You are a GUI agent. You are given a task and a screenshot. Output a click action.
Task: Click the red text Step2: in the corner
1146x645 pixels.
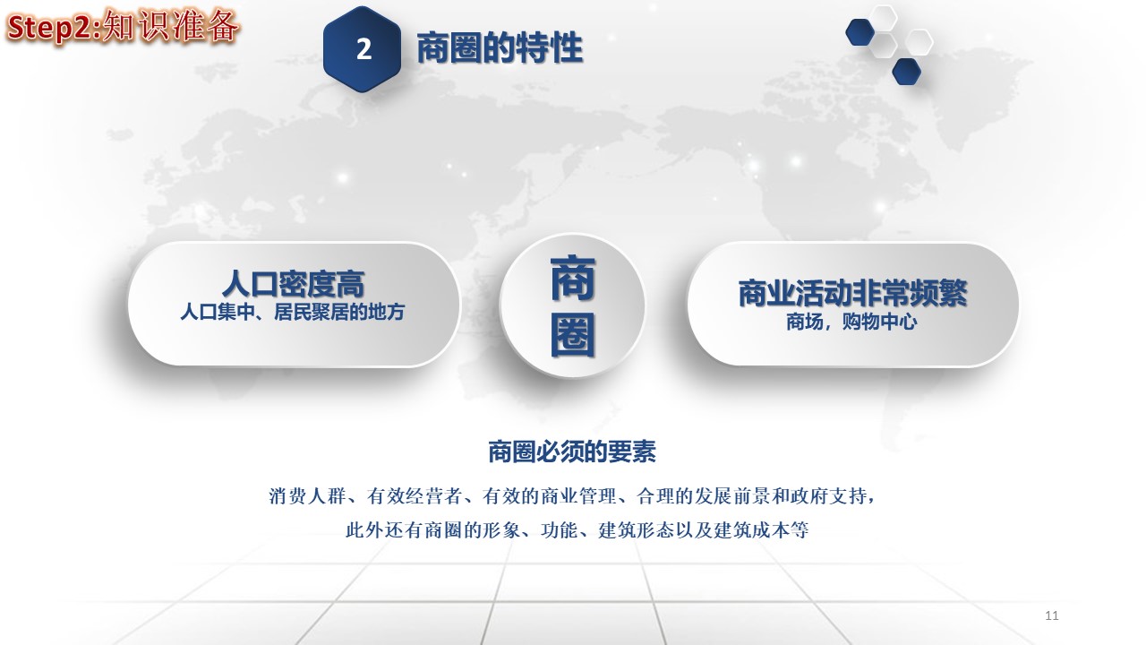[x=55, y=28]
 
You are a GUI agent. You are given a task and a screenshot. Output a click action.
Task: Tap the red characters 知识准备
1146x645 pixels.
[x=171, y=26]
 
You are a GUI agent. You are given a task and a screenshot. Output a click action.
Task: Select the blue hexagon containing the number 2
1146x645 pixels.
[x=362, y=49]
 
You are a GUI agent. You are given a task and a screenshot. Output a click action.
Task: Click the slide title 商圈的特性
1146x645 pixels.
[x=500, y=47]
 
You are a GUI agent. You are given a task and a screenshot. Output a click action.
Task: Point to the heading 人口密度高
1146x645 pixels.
[x=293, y=284]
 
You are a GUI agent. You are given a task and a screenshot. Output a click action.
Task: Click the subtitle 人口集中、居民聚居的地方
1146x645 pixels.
[x=293, y=312]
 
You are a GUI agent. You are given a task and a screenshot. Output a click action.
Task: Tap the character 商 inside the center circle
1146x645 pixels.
[x=572, y=279]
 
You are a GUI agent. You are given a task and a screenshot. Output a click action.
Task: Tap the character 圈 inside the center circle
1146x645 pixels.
[x=572, y=335]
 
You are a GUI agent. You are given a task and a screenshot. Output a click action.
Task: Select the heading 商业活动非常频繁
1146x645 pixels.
[x=853, y=293]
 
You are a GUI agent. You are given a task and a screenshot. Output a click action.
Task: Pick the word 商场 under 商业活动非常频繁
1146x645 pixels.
[x=805, y=322]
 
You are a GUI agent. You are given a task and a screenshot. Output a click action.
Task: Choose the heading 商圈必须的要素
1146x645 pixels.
[x=572, y=451]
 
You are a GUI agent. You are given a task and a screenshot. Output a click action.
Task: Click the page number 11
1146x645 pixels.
[x=1052, y=615]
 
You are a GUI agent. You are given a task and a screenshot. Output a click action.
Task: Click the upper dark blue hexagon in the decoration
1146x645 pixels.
[x=860, y=31]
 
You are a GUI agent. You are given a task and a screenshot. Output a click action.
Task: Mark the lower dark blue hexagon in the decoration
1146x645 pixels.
[x=907, y=71]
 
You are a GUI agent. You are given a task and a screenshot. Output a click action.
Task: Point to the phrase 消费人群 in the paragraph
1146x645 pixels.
[x=307, y=496]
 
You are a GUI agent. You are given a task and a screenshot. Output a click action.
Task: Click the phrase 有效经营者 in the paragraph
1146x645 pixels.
[x=414, y=496]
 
